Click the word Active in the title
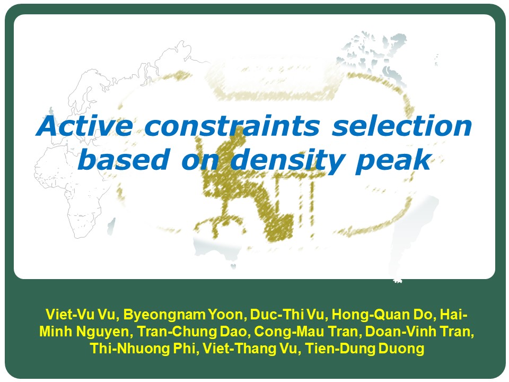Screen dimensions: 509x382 (84, 126)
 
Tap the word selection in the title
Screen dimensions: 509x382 (402, 126)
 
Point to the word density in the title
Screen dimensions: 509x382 (287, 160)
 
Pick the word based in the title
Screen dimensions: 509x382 (124, 159)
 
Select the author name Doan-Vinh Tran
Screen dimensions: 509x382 (419, 331)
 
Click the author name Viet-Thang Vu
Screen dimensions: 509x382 (249, 348)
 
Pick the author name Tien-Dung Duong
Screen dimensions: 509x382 (365, 348)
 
